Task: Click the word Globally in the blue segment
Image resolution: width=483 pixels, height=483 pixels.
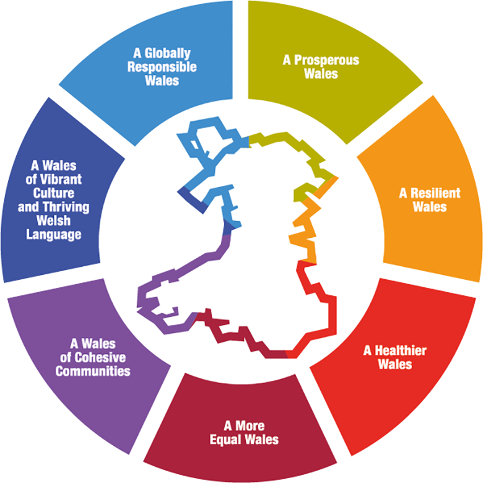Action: [x=168, y=54]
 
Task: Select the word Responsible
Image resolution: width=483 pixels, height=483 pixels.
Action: [x=162, y=67]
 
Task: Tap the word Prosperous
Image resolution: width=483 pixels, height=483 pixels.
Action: [x=326, y=60]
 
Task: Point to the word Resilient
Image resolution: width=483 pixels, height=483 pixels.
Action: [x=435, y=193]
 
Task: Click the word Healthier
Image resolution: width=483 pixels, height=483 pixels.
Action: [x=401, y=350]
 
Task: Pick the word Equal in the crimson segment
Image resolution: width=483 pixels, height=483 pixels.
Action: [x=225, y=440]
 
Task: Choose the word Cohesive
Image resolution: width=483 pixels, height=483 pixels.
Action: [x=100, y=358]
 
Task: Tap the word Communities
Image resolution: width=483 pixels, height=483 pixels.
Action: [x=93, y=371]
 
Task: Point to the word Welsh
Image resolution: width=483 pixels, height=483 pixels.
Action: [x=54, y=220]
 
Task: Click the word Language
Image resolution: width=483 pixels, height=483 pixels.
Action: [x=54, y=235]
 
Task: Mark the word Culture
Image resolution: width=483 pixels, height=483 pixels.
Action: [x=54, y=193]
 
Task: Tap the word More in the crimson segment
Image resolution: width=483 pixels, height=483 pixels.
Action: [x=250, y=426]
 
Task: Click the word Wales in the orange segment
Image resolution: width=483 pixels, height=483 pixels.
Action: [x=430, y=207]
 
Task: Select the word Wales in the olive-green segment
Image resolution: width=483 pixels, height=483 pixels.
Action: [x=321, y=74]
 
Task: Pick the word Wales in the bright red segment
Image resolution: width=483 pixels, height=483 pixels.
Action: [x=395, y=364]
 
